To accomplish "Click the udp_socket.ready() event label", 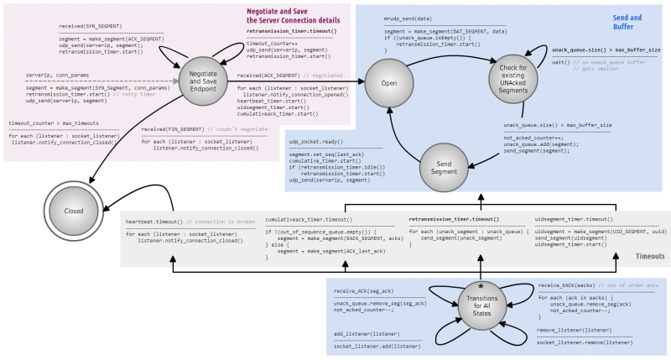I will tap(311, 143).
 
